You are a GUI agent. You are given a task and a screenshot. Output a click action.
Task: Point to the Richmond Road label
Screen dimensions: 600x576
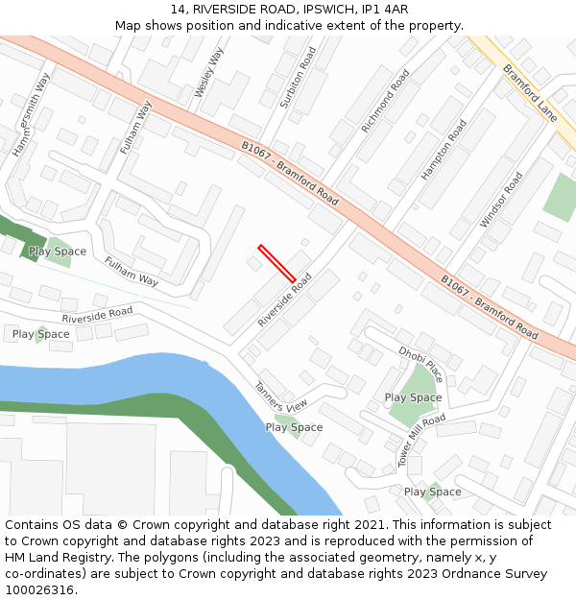pyautogui.click(x=385, y=101)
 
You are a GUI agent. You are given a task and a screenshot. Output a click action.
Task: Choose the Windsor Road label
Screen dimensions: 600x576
pyautogui.click(x=501, y=200)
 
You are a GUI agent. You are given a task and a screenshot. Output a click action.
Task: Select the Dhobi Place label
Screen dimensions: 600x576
pyautogui.click(x=420, y=363)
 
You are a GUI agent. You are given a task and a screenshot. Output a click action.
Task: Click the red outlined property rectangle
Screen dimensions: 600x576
pyautogui.click(x=276, y=264)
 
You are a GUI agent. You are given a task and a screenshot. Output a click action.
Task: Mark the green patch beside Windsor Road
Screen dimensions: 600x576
pyautogui.click(x=559, y=198)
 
